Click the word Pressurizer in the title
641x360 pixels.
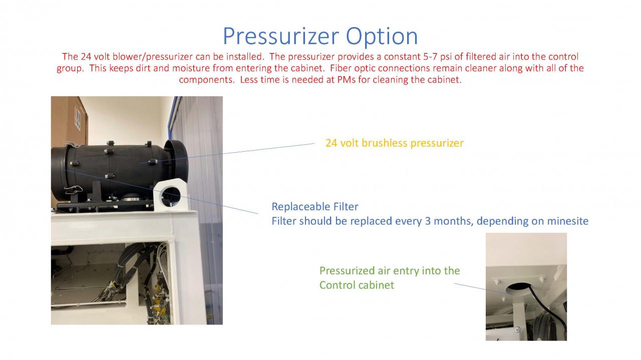281,36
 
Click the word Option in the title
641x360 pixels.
382,37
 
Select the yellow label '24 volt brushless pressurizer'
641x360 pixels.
394,143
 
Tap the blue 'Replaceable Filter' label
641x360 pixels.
315,206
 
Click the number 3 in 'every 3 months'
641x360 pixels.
428,221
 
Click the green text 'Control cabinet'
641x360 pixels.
357,285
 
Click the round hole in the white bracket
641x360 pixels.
171,196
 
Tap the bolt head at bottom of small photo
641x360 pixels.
517,329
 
